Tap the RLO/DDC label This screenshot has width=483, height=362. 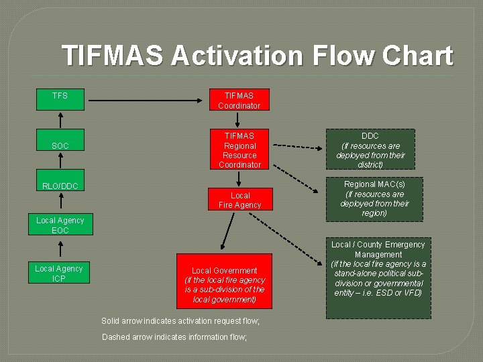click(x=60, y=186)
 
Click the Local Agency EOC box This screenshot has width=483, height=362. click(x=60, y=225)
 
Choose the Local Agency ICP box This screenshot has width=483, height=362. click(x=59, y=274)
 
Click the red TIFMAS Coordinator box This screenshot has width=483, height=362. click(x=239, y=101)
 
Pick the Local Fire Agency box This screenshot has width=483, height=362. click(x=239, y=200)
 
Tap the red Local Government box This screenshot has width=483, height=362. click(x=224, y=281)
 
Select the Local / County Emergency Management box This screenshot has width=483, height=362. click(x=379, y=278)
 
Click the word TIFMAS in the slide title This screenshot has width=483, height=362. click(x=112, y=56)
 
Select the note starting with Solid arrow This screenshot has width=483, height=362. click(x=180, y=321)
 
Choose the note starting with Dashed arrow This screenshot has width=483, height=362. click(x=174, y=337)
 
